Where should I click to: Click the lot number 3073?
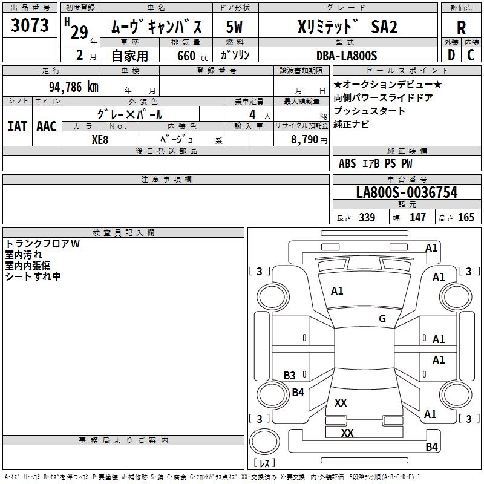[30, 26]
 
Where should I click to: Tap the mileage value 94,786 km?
[74, 86]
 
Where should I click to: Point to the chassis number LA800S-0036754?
[407, 193]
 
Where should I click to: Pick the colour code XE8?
[100, 139]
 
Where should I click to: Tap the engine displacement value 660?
[186, 56]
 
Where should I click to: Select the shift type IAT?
[17, 126]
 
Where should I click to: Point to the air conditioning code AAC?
[47, 126]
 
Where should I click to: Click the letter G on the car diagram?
[382, 319]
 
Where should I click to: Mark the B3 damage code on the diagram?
[290, 376]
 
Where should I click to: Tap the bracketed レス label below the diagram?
[264, 463]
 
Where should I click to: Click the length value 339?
[367, 218]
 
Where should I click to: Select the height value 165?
[466, 218]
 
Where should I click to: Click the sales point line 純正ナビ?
[352, 125]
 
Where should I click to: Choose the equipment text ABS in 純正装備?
[347, 163]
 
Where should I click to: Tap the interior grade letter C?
[471, 56]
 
